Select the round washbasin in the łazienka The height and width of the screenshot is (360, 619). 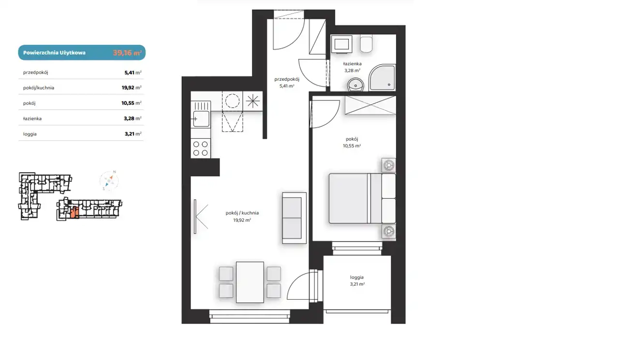355,85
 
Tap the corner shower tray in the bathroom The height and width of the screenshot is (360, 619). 382,78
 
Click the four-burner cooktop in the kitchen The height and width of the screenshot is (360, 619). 201,148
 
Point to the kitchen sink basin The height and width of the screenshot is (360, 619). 201,119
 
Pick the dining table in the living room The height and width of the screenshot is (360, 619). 250,282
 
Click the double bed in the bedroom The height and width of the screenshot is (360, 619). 362,198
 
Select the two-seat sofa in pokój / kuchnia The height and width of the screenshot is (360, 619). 295,218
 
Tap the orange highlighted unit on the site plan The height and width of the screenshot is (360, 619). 74,213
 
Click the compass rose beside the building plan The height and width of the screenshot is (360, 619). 109,181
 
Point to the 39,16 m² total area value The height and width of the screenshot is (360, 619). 127,53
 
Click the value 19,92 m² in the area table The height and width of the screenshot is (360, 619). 132,87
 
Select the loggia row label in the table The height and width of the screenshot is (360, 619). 30,134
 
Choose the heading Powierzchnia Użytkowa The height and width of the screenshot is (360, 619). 55,53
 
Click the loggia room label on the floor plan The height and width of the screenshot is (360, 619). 357,277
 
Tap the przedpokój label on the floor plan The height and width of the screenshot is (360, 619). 287,79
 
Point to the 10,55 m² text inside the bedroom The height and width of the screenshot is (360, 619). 352,146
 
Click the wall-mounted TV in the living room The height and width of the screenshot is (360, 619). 195,216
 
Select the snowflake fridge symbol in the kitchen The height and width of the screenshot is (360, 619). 252,101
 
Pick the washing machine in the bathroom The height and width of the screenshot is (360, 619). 342,43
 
